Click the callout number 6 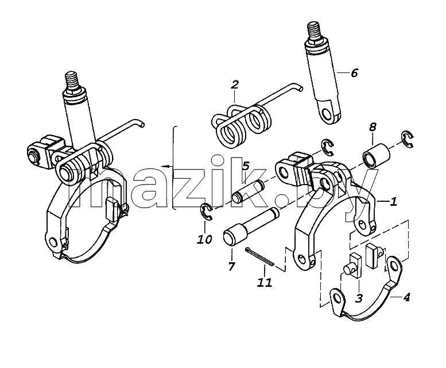[x=354, y=73]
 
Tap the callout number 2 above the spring [x=235, y=85]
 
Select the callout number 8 [x=373, y=127]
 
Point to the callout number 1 [x=393, y=202]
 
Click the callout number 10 [x=205, y=239]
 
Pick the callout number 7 [x=231, y=266]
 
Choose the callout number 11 [x=265, y=282]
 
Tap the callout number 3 [x=359, y=298]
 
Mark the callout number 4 [x=406, y=298]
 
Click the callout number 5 [x=246, y=166]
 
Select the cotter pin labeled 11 [x=259, y=256]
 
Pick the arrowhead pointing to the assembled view [x=163, y=166]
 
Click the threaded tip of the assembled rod [x=71, y=82]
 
